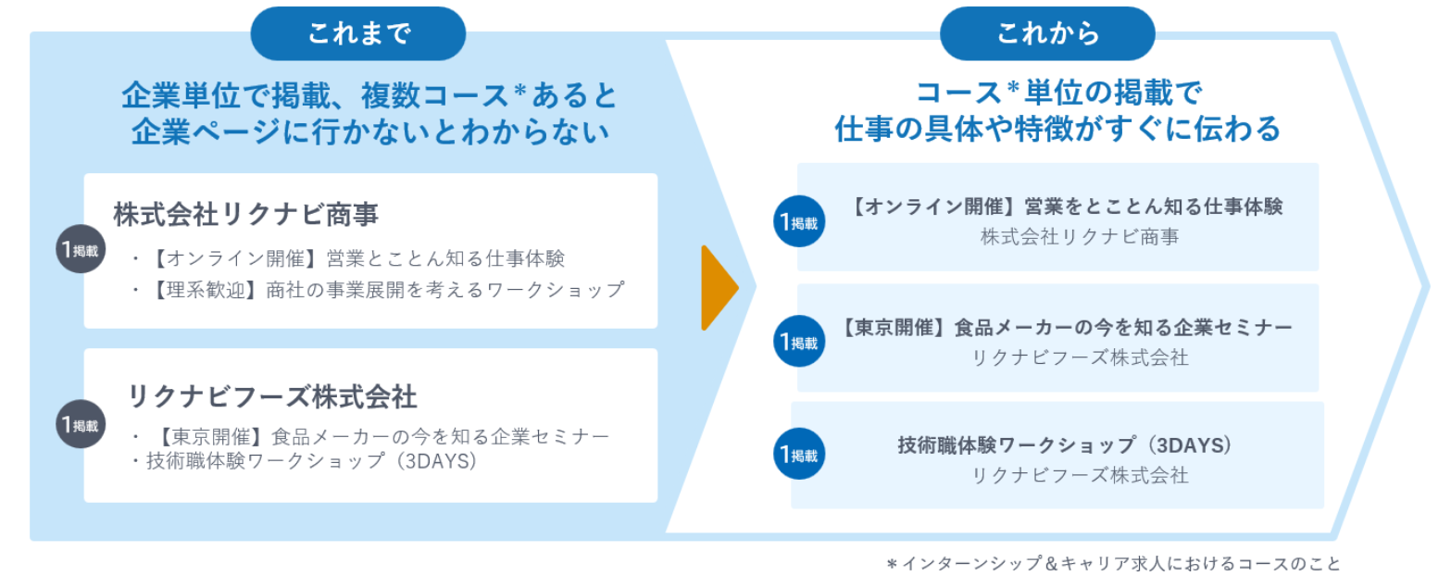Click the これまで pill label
[x=358, y=34]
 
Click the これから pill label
[x=1047, y=34]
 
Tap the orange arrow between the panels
[x=719, y=288]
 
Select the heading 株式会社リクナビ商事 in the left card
[x=246, y=214]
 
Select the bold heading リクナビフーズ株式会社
[x=272, y=396]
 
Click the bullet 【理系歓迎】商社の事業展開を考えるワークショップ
[x=378, y=290]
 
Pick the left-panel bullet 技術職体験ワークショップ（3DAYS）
[x=305, y=460]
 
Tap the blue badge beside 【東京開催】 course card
[x=799, y=342]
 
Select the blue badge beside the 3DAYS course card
[x=799, y=454]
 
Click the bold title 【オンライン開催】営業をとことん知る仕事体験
[x=1065, y=207]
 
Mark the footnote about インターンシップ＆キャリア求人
[x=1113, y=563]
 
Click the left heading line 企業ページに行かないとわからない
[x=369, y=131]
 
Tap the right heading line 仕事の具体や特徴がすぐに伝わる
[x=1057, y=129]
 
